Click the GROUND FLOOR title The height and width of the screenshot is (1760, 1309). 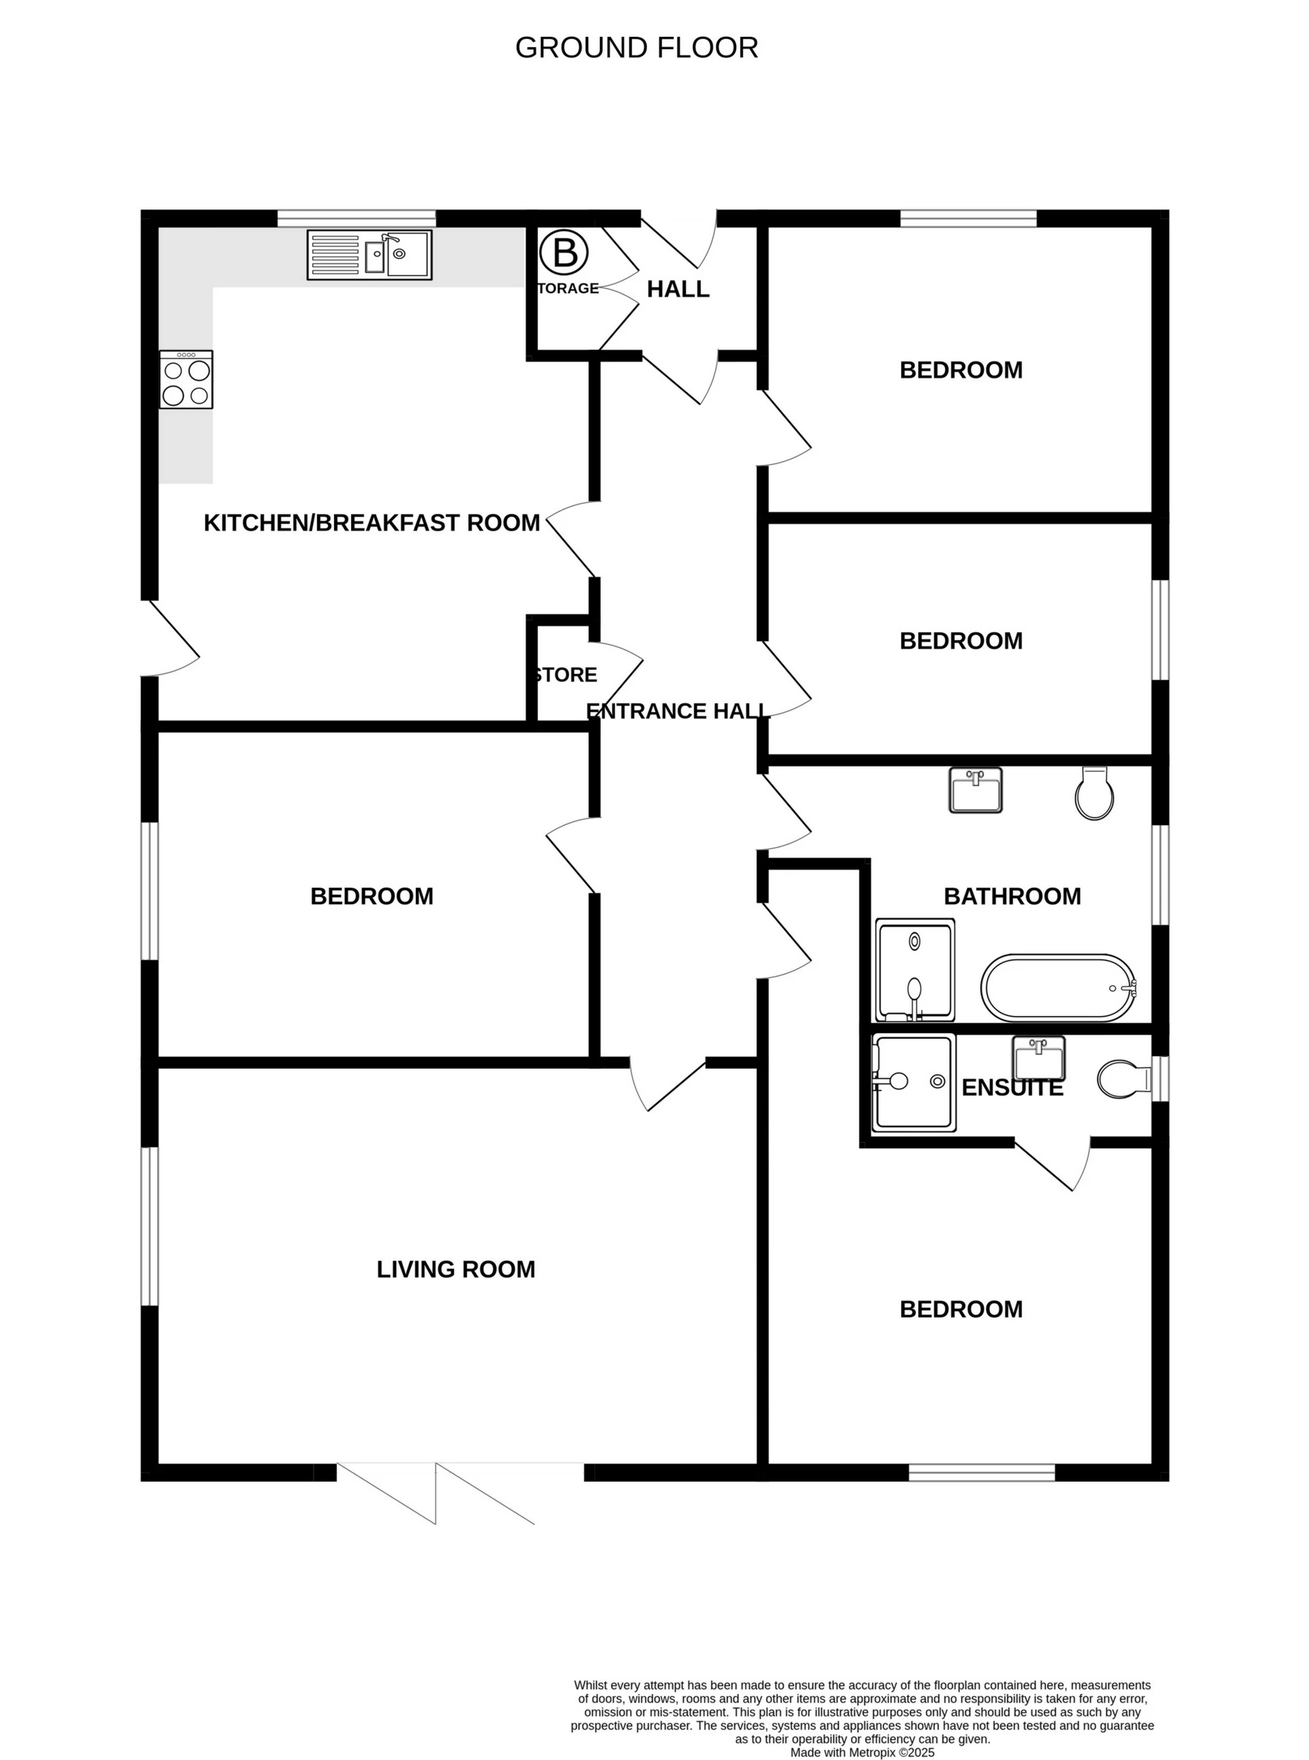(636, 48)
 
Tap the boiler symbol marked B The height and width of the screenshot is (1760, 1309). (565, 254)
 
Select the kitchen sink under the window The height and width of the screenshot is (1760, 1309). (370, 254)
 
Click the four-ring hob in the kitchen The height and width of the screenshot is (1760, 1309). (186, 380)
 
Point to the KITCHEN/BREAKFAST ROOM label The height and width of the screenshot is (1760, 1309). (372, 523)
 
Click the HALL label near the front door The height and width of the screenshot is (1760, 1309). (678, 289)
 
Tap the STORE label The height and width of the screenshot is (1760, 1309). (566, 675)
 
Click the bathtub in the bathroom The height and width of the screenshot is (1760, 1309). (1059, 987)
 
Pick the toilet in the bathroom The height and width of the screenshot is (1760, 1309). (1094, 792)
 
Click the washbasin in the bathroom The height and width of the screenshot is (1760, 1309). (976, 790)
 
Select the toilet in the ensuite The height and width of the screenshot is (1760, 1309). (1122, 1079)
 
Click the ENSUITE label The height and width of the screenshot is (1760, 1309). (1012, 1088)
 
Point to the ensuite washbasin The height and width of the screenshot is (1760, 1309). (1039, 1058)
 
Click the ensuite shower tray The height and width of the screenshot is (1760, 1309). (913, 1082)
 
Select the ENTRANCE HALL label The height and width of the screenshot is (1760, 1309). (676, 711)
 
